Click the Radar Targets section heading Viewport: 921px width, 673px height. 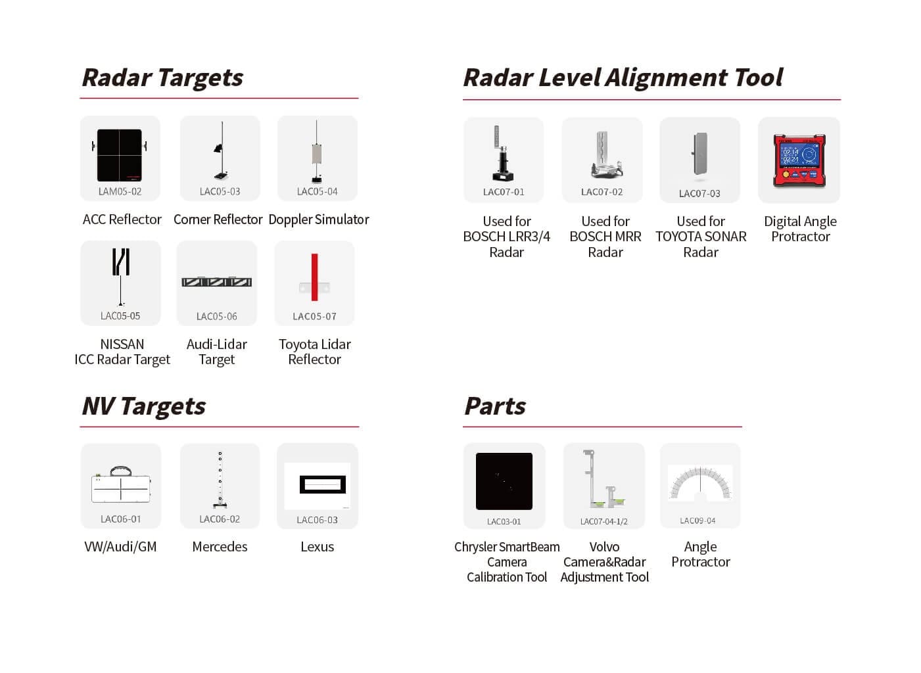[162, 78]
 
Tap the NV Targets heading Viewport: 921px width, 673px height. [143, 406]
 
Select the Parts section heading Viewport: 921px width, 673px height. [494, 406]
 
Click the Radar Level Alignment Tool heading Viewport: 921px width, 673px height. [623, 78]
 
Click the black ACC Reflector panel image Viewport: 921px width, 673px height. [120, 155]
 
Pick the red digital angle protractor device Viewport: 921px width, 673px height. [799, 160]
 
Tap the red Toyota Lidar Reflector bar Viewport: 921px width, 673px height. [315, 277]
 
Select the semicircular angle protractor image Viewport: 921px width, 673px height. [700, 484]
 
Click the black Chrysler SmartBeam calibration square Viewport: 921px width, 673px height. [504, 481]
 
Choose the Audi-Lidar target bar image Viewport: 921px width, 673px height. [217, 282]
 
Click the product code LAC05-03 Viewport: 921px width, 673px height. [220, 192]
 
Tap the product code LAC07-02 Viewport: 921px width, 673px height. [602, 192]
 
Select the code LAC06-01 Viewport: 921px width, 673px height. [120, 519]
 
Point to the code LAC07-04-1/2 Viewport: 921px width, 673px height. [603, 521]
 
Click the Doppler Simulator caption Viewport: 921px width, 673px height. [319, 220]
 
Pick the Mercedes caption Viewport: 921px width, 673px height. [220, 547]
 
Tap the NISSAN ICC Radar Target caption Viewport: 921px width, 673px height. [122, 352]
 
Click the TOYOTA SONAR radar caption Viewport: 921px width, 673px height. [701, 237]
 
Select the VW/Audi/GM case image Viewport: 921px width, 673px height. [121, 486]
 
